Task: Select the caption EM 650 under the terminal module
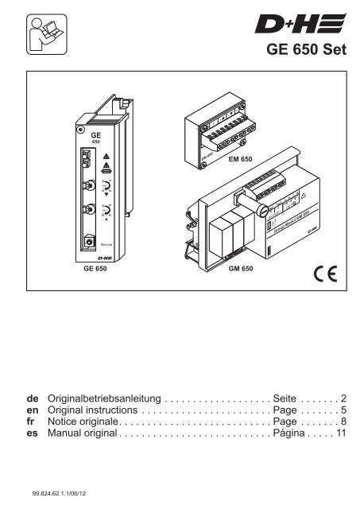tap(241, 159)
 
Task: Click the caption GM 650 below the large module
tap(240, 269)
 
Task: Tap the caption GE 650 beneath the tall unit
tap(95, 269)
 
